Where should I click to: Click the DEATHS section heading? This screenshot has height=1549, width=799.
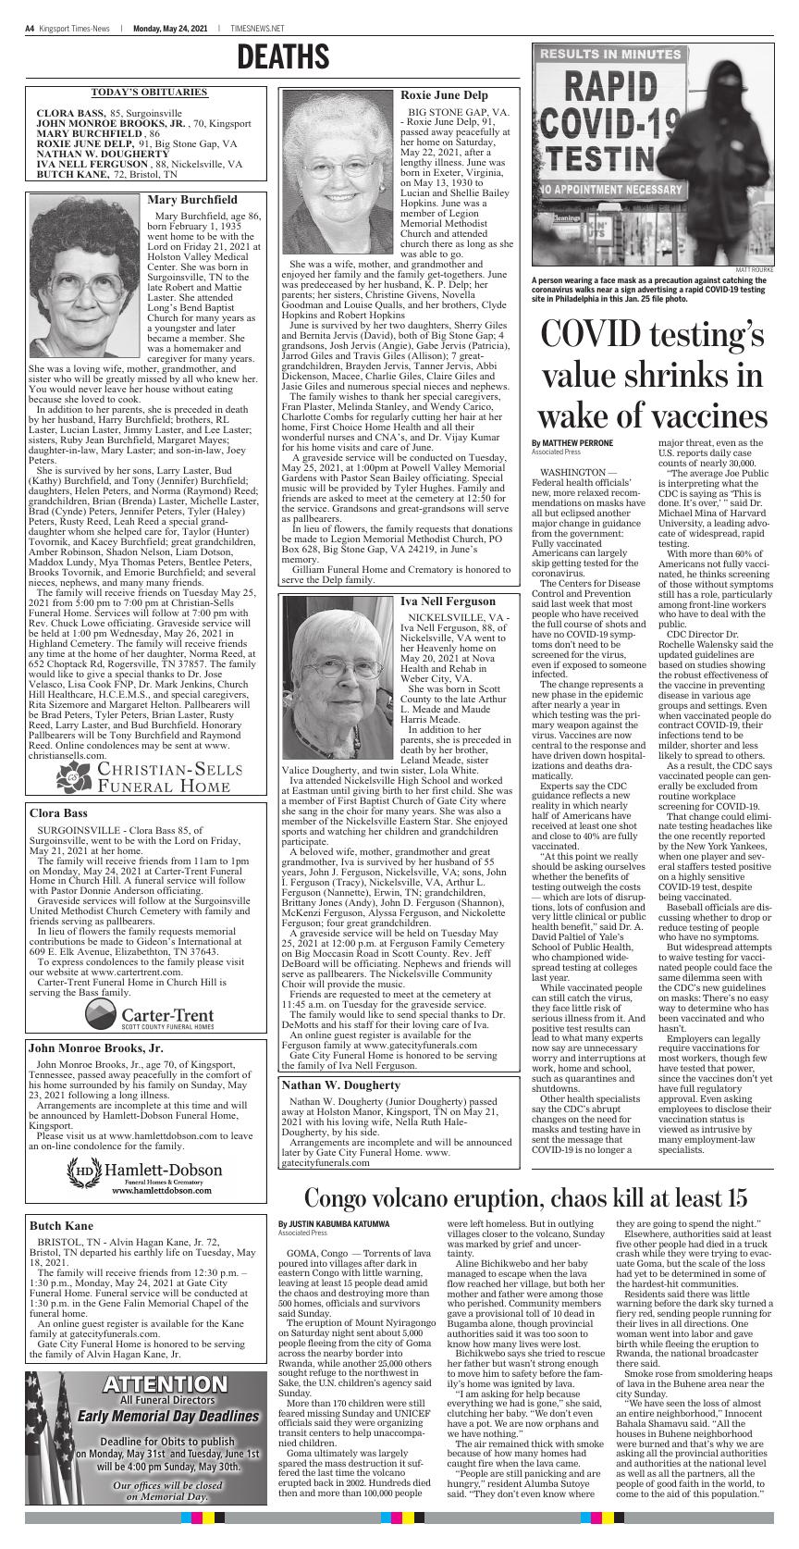tap(283, 58)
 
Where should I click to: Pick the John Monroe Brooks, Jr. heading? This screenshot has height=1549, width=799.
tap(95, 1048)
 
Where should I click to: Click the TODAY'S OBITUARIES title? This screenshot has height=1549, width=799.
tap(149, 93)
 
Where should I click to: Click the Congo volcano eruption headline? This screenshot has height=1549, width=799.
tap(525, 1197)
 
